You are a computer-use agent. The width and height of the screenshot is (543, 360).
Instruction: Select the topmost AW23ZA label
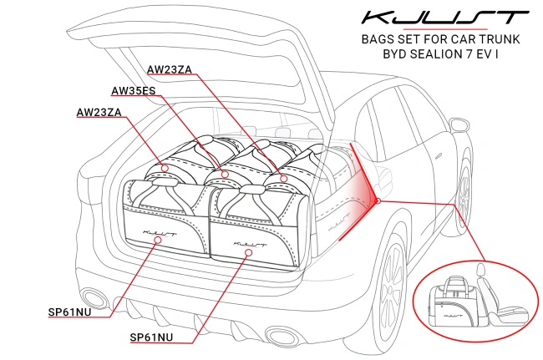pyautogui.click(x=172, y=69)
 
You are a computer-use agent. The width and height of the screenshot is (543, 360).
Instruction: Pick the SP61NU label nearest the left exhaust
pyautogui.click(x=69, y=313)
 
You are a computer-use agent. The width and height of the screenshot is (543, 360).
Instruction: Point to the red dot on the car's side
pyautogui.click(x=378, y=200)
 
